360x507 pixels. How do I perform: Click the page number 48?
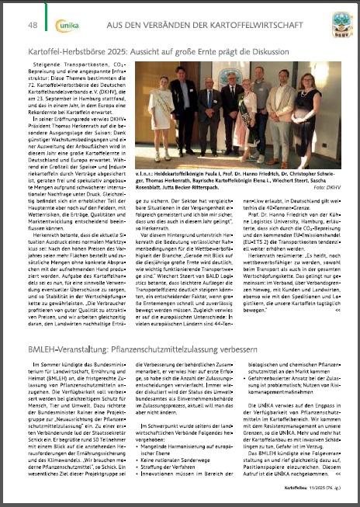tap(33, 26)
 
